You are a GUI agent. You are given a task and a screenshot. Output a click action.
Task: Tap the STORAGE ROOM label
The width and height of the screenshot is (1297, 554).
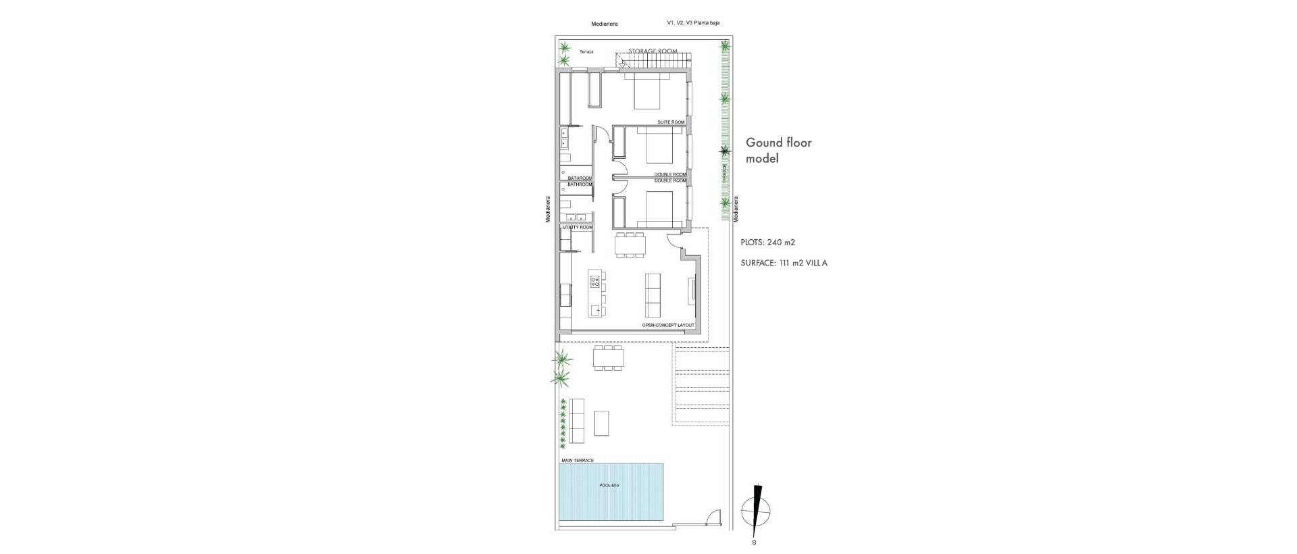click(653, 51)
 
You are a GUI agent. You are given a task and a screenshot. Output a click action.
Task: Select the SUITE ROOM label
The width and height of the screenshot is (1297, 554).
click(671, 122)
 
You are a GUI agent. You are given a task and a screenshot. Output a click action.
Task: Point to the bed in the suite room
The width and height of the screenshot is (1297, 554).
click(646, 92)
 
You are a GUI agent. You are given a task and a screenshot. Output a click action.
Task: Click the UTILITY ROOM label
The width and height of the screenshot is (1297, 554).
click(576, 228)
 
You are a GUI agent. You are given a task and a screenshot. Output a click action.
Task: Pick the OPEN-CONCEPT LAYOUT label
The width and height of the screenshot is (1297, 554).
click(667, 326)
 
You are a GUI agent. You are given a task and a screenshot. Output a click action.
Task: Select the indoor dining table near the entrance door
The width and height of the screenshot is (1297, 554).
click(630, 245)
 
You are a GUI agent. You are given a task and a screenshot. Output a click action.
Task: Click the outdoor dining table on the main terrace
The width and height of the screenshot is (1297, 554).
click(608, 358)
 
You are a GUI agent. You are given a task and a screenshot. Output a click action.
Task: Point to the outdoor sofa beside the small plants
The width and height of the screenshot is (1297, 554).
click(577, 421)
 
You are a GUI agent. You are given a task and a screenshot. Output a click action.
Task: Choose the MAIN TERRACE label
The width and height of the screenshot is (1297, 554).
click(578, 461)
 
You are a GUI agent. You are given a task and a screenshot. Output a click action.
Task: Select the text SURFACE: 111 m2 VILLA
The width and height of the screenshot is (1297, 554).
click(784, 263)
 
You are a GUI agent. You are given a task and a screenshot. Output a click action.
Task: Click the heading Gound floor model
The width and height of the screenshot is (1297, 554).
click(778, 151)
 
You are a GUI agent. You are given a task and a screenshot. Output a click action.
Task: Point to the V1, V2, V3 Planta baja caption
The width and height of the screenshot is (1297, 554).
click(692, 23)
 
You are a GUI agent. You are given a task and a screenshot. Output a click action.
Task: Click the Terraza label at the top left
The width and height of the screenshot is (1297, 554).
click(586, 51)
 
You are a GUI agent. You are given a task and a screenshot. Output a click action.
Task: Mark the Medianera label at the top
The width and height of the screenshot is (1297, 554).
click(604, 24)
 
